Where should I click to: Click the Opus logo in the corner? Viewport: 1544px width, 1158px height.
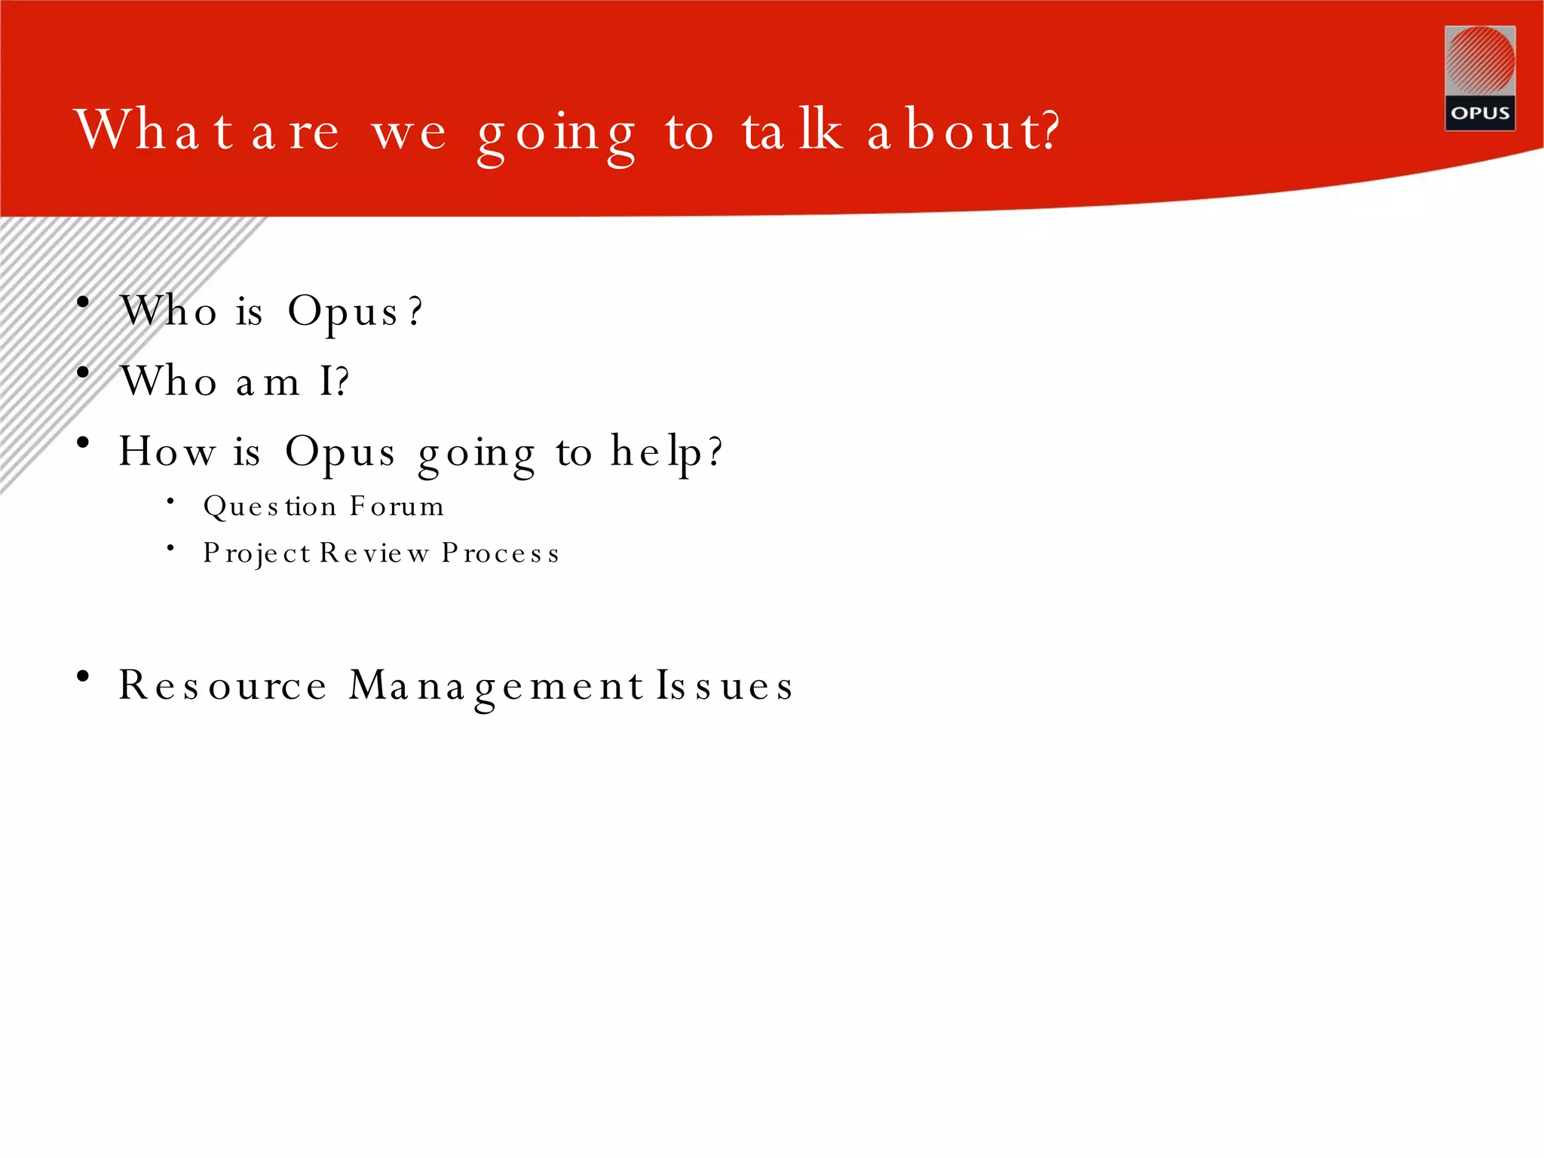tap(1479, 78)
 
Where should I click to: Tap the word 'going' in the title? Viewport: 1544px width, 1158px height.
tap(556, 134)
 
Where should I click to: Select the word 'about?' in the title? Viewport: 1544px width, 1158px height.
tap(963, 130)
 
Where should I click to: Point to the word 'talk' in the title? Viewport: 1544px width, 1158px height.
tap(792, 130)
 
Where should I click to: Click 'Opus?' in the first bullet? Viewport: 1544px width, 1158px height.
tap(355, 312)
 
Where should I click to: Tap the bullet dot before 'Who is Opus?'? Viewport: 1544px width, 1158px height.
tap(84, 303)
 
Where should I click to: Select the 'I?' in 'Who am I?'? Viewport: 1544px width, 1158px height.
tap(334, 381)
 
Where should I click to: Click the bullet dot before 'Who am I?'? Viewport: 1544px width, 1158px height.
tap(84, 372)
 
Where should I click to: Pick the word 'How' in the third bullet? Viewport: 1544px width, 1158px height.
tap(167, 452)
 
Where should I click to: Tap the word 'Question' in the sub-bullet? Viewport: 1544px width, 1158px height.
tap(269, 507)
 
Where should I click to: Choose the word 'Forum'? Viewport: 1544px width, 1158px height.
tap(397, 507)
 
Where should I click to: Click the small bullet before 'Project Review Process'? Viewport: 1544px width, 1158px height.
tap(171, 548)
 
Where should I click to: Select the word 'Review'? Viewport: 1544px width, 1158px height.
tap(374, 553)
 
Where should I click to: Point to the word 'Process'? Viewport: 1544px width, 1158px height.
tap(501, 553)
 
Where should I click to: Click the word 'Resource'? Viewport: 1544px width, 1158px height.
tap(223, 686)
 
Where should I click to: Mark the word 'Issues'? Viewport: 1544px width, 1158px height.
tap(725, 686)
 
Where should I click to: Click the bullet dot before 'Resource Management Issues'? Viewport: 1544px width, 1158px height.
tap(84, 676)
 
